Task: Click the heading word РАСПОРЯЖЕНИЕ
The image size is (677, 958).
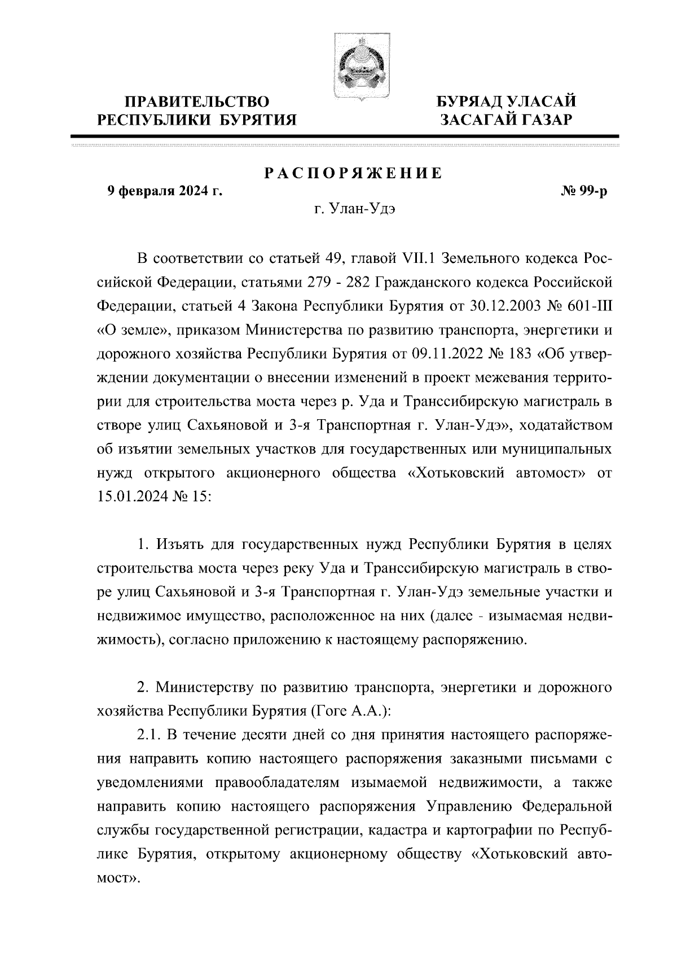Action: (354, 174)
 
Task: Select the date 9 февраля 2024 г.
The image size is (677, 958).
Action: (164, 192)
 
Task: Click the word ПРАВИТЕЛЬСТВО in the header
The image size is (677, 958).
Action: (197, 102)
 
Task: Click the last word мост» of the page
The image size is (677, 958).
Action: (118, 880)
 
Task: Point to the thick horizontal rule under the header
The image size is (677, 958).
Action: (345, 137)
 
